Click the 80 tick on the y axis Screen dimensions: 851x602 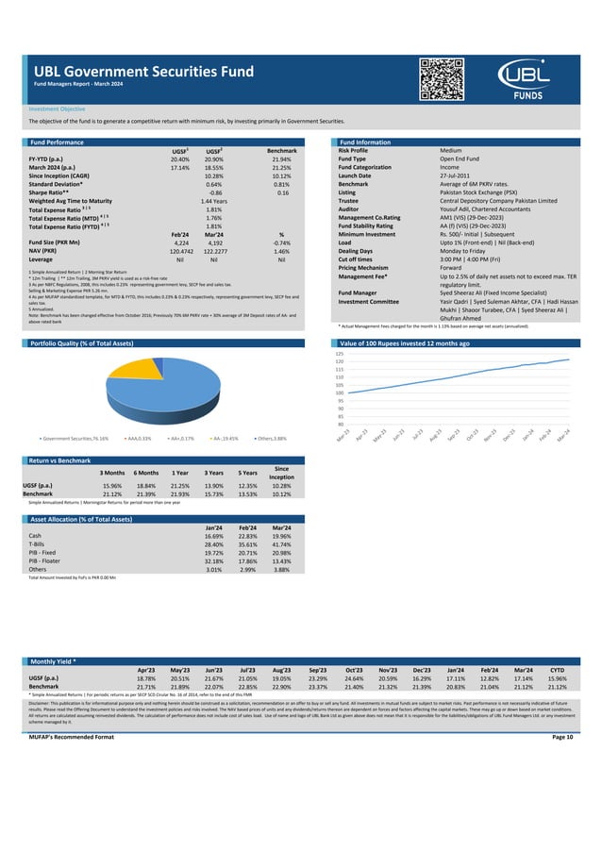[x=341, y=424]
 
